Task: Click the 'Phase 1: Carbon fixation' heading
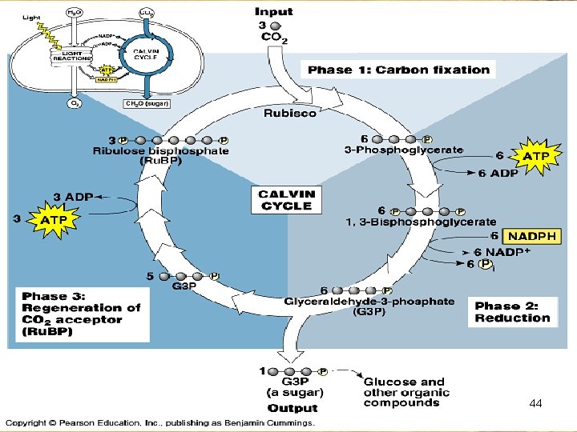click(x=398, y=70)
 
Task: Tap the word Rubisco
click(x=290, y=113)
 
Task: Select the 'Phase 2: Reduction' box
click(x=512, y=312)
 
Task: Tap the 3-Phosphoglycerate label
click(x=415, y=150)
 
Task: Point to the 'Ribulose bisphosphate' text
click(x=160, y=150)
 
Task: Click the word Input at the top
click(x=273, y=11)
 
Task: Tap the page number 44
click(x=536, y=405)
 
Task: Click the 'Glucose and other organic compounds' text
click(x=406, y=392)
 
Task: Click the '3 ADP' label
click(x=74, y=197)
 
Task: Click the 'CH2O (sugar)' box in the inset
click(x=145, y=103)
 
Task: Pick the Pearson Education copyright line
click(x=160, y=422)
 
